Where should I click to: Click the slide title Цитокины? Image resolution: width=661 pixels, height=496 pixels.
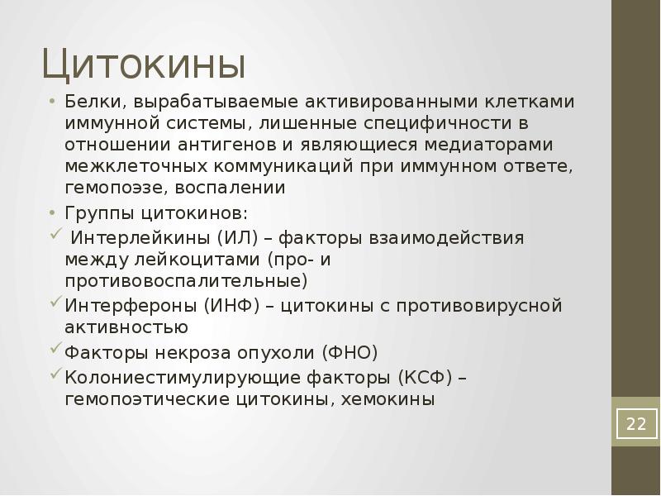[145, 64]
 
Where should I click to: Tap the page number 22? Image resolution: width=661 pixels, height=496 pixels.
[635, 424]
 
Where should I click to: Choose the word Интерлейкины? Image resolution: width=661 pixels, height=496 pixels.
[141, 238]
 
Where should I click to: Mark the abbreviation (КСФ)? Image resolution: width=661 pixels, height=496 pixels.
[424, 378]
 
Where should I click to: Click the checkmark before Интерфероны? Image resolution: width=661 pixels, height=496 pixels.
[56, 303]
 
